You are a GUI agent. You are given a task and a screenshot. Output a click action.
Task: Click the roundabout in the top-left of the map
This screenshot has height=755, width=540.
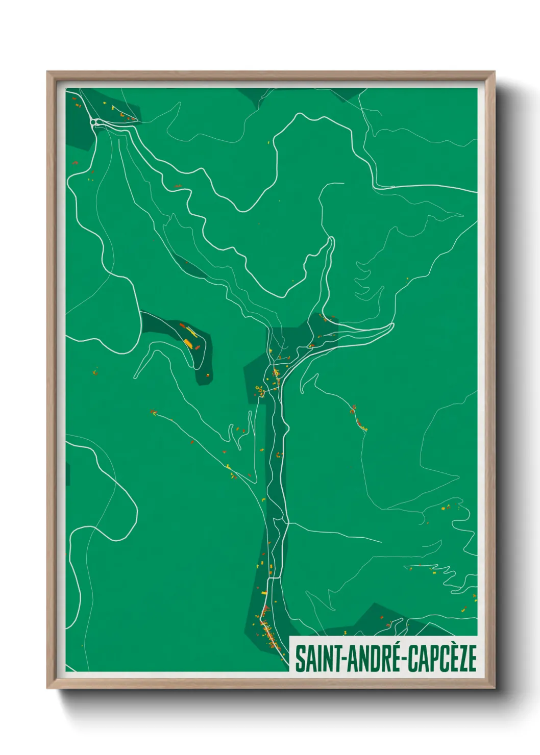(94, 122)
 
